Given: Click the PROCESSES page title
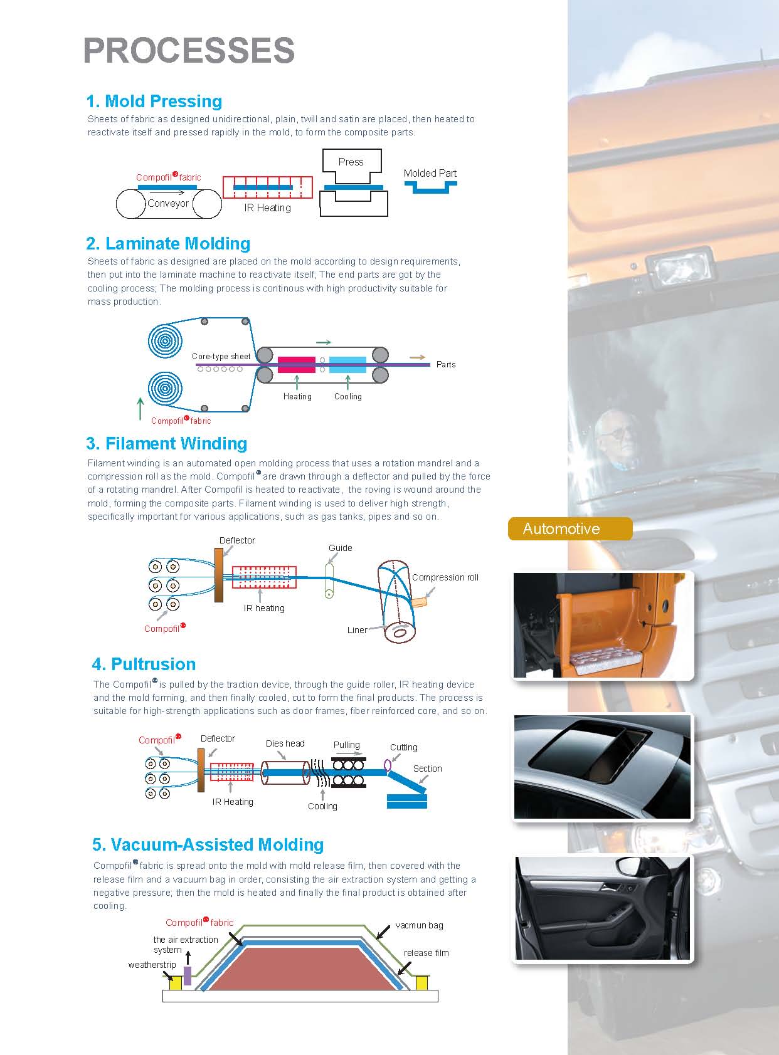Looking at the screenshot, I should [x=189, y=51].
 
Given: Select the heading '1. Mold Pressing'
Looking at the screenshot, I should [x=154, y=101].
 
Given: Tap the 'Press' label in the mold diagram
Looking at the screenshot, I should [x=351, y=162].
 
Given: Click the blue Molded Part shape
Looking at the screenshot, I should [x=430, y=186].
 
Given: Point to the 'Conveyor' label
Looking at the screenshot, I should [x=168, y=204].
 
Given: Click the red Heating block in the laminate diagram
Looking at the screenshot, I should [x=296, y=364].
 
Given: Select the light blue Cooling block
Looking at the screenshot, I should [x=347, y=364].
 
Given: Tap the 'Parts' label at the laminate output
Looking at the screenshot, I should [x=446, y=364].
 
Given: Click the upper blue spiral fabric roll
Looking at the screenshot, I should [x=165, y=340].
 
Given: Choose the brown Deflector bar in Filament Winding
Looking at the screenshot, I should [x=219, y=575].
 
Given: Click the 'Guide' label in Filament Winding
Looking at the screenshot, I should [x=341, y=548].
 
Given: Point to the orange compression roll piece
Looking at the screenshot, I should [x=419, y=601].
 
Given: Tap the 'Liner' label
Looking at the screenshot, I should [x=357, y=630].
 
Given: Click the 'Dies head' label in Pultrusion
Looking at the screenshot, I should [x=285, y=743].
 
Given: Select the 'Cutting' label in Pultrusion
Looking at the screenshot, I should [x=403, y=747].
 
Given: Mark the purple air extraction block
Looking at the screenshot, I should [x=187, y=975].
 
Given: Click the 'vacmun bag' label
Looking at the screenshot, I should [x=419, y=925].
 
